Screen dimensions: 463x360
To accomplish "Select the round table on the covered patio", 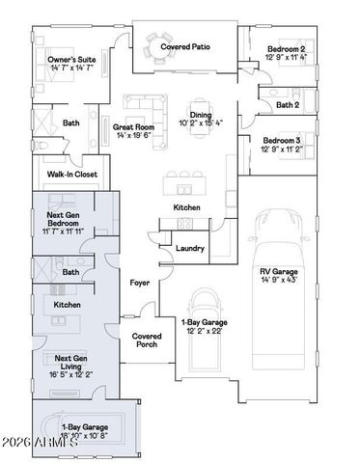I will tap(155, 43).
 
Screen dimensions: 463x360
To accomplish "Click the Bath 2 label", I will tap(288, 104).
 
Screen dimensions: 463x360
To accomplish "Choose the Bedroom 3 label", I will tap(285, 141).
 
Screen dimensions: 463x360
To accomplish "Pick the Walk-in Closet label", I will tap(70, 175).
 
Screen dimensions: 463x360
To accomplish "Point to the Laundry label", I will tap(190, 249).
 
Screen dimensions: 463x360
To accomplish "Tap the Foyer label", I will tap(140, 282).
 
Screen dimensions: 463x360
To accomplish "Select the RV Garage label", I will tap(278, 271).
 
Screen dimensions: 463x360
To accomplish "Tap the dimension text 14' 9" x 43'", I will tap(278, 281).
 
